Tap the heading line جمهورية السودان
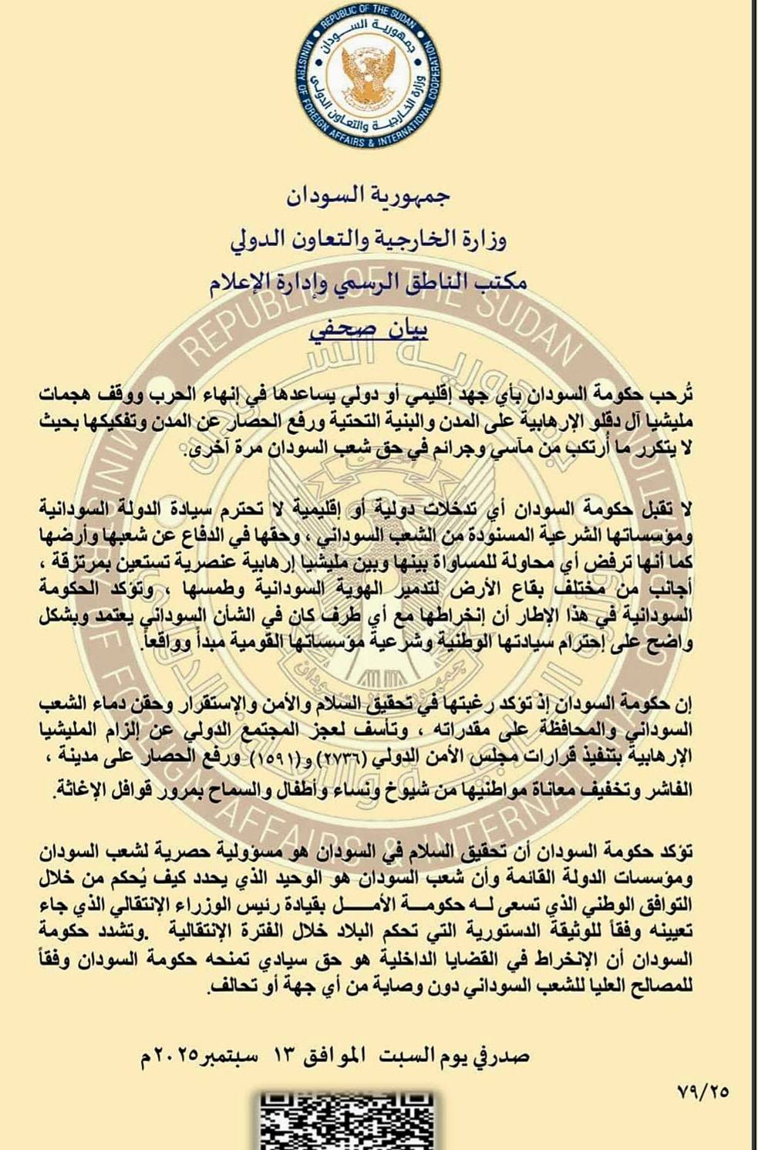pos(369,197)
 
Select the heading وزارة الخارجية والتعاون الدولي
pos(369,241)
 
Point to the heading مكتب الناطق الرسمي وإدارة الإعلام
pos(369,284)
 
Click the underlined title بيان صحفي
pos(369,329)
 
